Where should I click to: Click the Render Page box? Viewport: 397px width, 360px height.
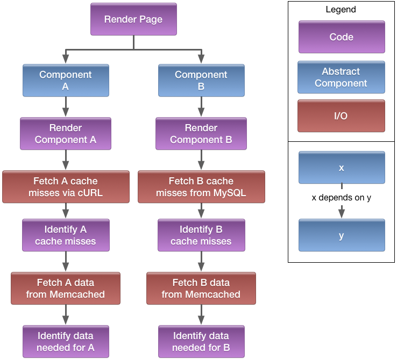[x=133, y=20]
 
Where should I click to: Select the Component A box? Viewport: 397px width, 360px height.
[x=66, y=81]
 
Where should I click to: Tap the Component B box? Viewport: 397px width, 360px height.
[x=201, y=81]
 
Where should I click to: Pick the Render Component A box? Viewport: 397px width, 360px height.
[x=66, y=134]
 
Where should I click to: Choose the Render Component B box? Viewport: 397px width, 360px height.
[x=201, y=134]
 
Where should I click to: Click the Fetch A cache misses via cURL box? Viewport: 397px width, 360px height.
[x=66, y=186]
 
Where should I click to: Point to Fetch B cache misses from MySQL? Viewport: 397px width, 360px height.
[x=201, y=186]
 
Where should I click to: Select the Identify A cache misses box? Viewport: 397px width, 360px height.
[x=66, y=235]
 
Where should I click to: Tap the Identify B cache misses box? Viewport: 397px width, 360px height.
[x=201, y=235]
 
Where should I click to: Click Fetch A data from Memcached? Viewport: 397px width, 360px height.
[x=66, y=288]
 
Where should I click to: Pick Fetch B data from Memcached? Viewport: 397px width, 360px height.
[x=201, y=288]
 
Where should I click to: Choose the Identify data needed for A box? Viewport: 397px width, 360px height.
[x=66, y=342]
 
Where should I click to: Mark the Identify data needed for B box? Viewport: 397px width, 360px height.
[x=201, y=342]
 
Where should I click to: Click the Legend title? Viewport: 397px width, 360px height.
[x=341, y=10]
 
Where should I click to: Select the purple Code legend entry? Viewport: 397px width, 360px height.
[x=342, y=37]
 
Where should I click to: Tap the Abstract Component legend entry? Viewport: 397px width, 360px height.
[x=341, y=77]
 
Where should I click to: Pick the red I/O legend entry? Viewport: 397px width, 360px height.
[x=341, y=116]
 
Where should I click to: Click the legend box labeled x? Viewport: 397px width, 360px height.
[x=341, y=168]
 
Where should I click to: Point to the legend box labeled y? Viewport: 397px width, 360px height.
[x=341, y=235]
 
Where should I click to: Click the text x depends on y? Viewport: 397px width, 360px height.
[x=341, y=198]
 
